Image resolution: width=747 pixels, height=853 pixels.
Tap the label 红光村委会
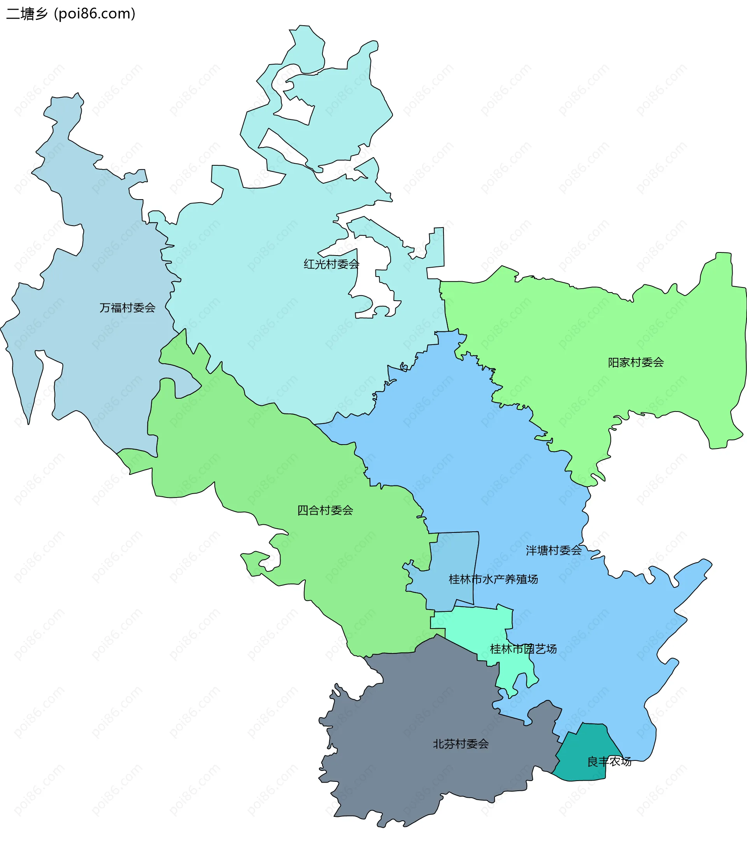[331, 264]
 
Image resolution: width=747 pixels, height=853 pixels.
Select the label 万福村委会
[128, 308]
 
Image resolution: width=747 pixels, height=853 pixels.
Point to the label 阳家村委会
[636, 362]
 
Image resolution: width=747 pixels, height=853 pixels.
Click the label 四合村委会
[325, 510]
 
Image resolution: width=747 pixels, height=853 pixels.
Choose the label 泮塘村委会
[554, 550]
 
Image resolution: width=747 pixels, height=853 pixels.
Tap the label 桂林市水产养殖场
[493, 579]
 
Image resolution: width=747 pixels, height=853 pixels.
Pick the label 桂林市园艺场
[523, 648]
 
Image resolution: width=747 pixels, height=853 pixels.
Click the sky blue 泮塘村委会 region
[521, 479]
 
